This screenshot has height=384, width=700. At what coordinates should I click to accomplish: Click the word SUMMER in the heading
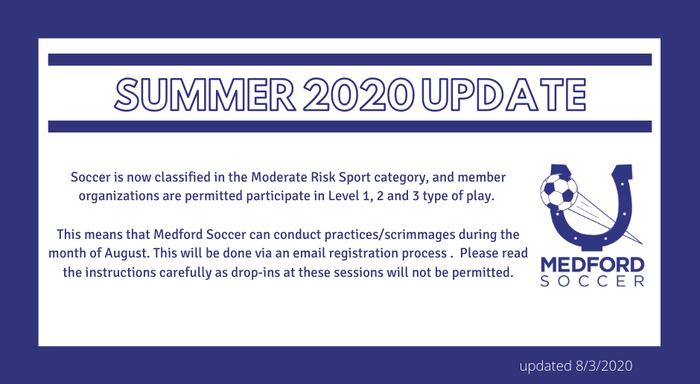point(205,95)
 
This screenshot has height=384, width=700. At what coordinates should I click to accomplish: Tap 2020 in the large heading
point(358,95)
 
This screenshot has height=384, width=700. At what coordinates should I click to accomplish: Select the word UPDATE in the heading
point(503,95)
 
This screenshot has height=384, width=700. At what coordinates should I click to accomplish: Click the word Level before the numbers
point(343,196)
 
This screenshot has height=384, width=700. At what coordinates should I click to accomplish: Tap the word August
point(127,253)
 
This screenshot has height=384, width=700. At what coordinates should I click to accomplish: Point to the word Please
point(480,253)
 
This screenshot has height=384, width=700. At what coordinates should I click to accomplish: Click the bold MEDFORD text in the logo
point(593,265)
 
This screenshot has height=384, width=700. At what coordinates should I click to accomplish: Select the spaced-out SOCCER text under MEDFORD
point(593,281)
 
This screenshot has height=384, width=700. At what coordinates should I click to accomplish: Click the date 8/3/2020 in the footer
point(604,365)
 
